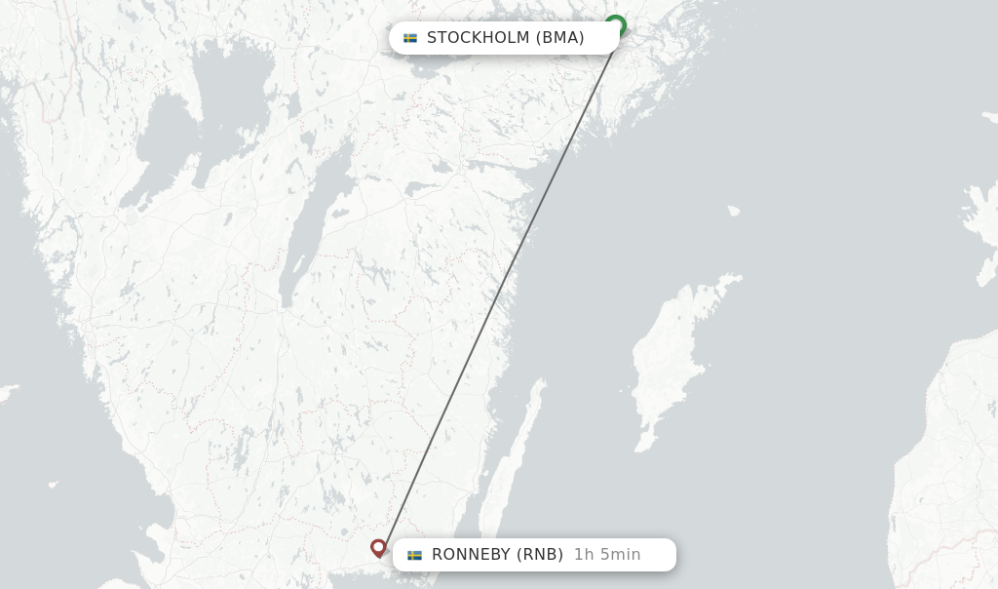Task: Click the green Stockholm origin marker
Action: click(x=615, y=25)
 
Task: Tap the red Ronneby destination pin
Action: click(x=378, y=547)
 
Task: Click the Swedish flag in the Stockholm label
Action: click(x=410, y=38)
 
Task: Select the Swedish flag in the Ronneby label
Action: click(x=415, y=555)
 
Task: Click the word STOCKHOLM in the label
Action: click(x=478, y=38)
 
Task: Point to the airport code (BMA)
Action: click(x=559, y=38)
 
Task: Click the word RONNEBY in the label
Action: click(x=471, y=555)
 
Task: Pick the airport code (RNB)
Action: click(x=540, y=555)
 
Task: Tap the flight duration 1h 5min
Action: click(x=607, y=555)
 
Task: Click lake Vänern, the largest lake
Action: click(x=195, y=117)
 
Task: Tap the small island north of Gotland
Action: click(x=733, y=210)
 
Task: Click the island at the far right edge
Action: click(x=979, y=224)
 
